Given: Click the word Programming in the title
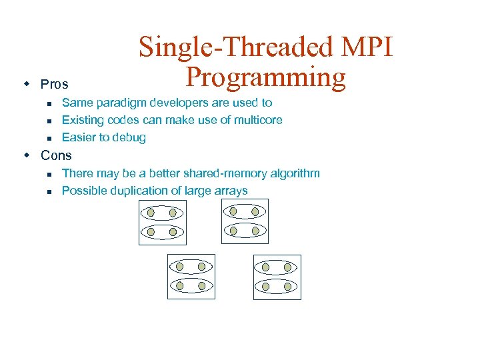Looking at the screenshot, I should coord(265,78).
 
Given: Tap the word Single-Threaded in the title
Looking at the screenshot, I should coord(233,47).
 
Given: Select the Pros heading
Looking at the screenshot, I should coord(55,85).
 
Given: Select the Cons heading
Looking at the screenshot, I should coord(56,155).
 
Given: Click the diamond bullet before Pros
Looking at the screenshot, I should coord(27,84).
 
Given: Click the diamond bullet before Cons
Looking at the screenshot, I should coord(27,155).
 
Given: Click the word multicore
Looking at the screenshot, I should coord(257,120).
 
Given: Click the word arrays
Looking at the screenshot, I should coord(230,191).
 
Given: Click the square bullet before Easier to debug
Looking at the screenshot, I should coord(49,138).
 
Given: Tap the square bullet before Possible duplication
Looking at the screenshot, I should coord(49,191).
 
